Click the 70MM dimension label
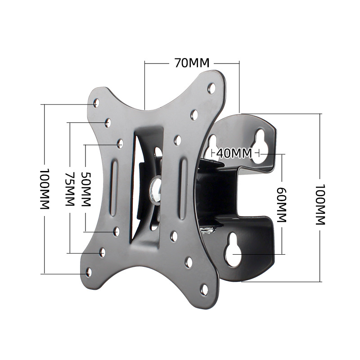(x=192, y=63)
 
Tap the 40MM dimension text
(x=234, y=153)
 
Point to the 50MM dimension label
(x=85, y=189)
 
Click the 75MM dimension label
(x=69, y=189)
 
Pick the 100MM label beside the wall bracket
(x=320, y=205)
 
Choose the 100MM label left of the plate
(x=44, y=189)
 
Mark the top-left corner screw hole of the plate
(x=95, y=104)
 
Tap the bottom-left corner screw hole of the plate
(x=88, y=272)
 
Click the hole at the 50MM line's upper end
(x=120, y=144)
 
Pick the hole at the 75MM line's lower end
(x=102, y=252)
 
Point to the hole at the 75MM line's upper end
(x=108, y=122)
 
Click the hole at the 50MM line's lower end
(x=116, y=231)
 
